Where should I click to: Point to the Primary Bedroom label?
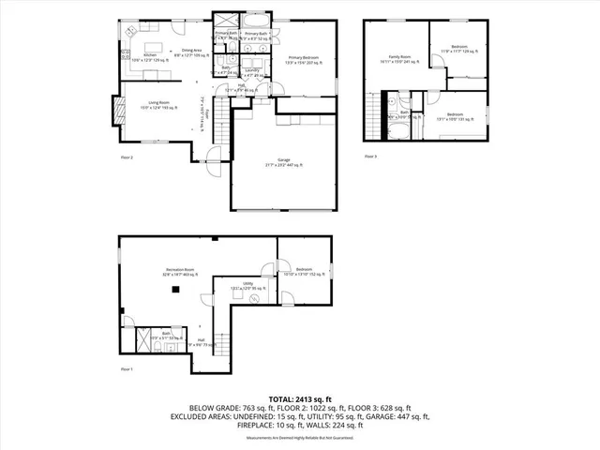click(x=304, y=58)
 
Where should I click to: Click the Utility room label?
click(x=248, y=285)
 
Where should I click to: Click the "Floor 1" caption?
click(x=127, y=369)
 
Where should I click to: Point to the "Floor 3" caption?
click(x=371, y=156)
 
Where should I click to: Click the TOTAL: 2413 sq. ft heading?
click(x=299, y=399)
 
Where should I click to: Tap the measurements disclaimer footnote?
click(x=299, y=436)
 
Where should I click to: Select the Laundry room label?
click(x=252, y=71)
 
